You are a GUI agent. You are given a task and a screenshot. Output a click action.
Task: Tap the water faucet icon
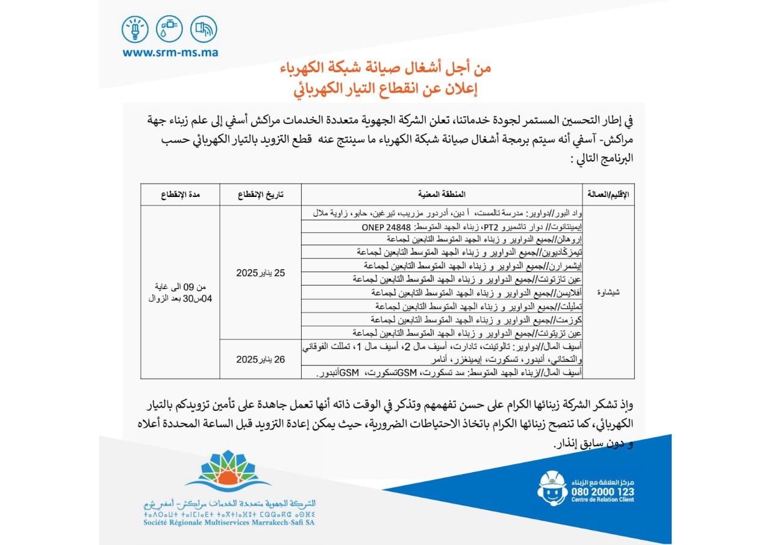(169, 29)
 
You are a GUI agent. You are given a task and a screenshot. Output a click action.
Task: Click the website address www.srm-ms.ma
(170, 52)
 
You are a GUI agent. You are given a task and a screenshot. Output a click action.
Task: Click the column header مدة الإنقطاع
(180, 195)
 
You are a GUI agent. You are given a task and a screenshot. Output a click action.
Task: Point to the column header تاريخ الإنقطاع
(260, 195)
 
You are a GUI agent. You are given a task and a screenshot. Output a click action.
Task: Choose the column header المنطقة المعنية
(442, 195)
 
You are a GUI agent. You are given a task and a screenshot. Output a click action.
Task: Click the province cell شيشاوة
(610, 293)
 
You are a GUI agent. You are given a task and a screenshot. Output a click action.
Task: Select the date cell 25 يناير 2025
(260, 273)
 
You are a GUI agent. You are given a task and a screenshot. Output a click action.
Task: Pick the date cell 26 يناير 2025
(260, 360)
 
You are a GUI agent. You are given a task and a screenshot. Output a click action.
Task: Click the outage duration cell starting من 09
(180, 293)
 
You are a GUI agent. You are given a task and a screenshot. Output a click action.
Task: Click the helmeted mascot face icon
(552, 488)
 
